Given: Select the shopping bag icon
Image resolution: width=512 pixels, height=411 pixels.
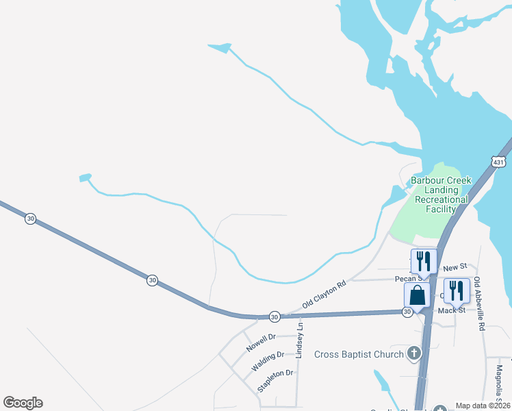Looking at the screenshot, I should pyautogui.click(x=417, y=296).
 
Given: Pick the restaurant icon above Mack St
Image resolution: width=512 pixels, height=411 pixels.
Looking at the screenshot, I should pyautogui.click(x=457, y=290).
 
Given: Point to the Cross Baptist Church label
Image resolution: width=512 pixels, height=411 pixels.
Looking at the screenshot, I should pyautogui.click(x=359, y=354).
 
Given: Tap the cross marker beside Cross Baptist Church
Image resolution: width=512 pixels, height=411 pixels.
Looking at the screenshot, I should pyautogui.click(x=413, y=353).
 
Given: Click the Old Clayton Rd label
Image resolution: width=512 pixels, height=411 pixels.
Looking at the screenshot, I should pyautogui.click(x=324, y=294).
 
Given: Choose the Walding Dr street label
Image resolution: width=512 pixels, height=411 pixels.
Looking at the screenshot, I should pyautogui.click(x=268, y=361).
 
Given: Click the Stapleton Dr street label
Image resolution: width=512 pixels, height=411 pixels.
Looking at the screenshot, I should pyautogui.click(x=275, y=382).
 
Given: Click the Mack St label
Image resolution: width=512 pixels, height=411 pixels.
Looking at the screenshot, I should pyautogui.click(x=452, y=310).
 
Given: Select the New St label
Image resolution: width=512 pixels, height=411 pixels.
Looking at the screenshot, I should pyautogui.click(x=455, y=266).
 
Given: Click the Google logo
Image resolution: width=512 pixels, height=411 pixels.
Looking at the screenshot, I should pyautogui.click(x=23, y=403).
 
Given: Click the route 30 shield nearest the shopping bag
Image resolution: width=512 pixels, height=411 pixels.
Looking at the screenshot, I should pyautogui.click(x=407, y=312).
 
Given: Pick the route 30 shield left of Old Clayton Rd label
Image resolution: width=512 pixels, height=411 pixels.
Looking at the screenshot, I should pyautogui.click(x=274, y=316).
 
